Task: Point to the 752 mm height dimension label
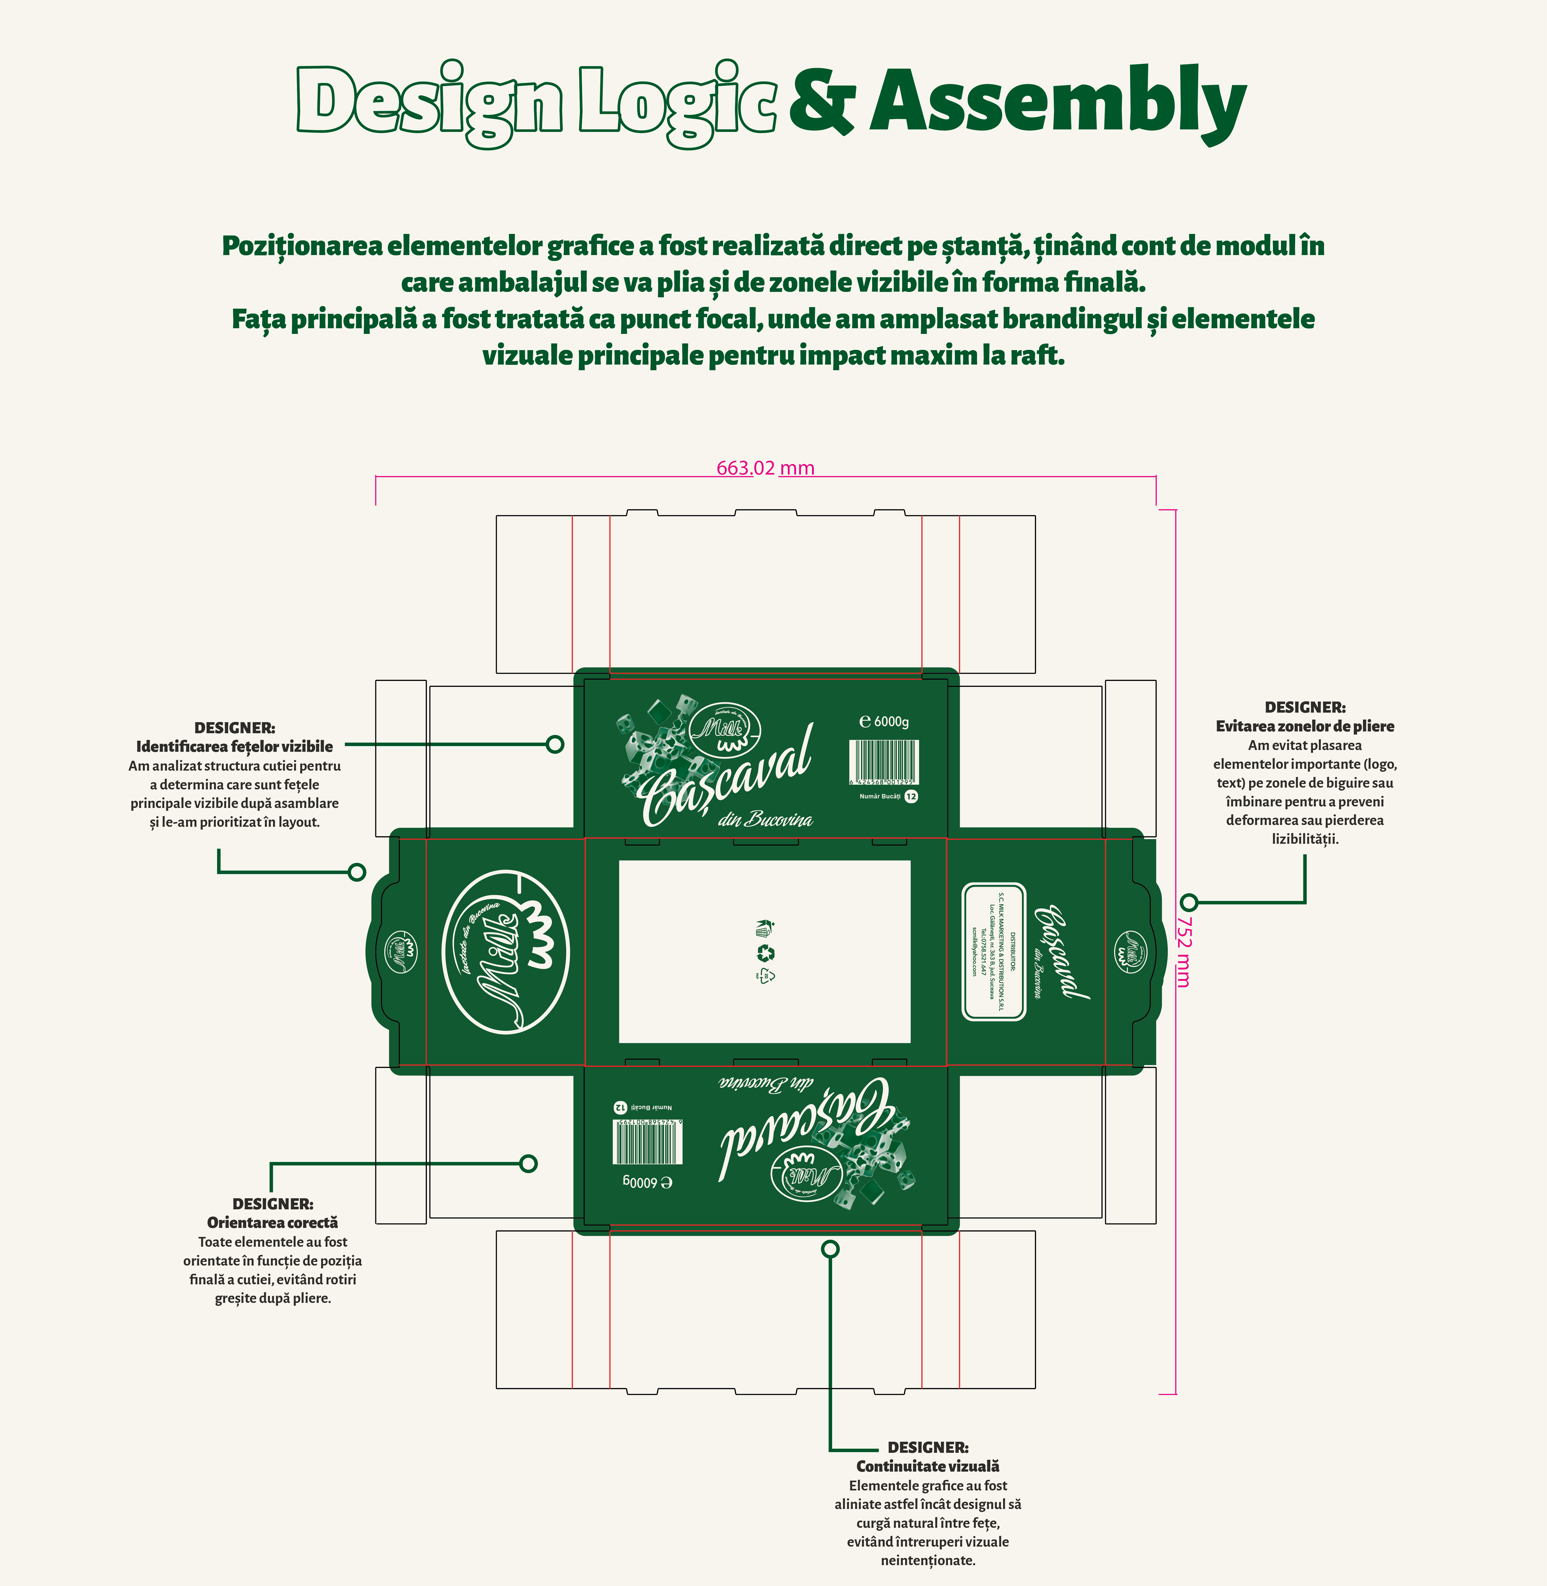point(1184,952)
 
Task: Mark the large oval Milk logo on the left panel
point(505,952)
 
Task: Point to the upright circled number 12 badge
point(911,797)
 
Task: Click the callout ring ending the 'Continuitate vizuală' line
point(830,1249)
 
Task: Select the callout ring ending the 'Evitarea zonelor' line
point(1189,902)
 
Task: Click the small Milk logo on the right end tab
point(1130,952)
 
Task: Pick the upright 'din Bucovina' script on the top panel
point(765,819)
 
